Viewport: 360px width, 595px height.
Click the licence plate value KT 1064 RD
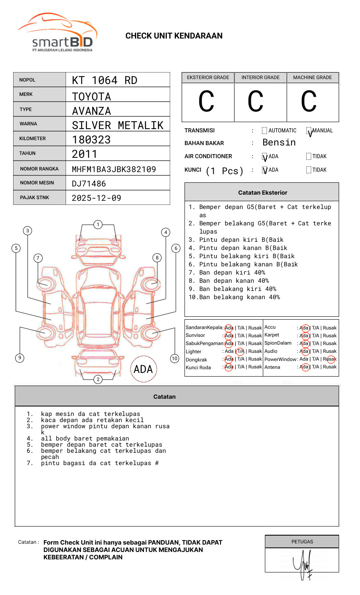pos(105,80)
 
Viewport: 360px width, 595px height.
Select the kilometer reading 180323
pos(91,140)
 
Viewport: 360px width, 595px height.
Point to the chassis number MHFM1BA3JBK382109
pos(114,169)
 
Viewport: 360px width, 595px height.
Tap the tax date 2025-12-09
pos(96,198)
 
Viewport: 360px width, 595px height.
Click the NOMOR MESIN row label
pos(37,183)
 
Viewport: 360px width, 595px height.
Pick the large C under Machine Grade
pos(309,102)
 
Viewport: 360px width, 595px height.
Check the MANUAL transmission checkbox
pos(309,131)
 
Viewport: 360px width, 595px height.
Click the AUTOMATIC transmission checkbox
pos(264,131)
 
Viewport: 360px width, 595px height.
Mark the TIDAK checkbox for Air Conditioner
pos(309,156)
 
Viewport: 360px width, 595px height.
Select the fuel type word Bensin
pos(279,143)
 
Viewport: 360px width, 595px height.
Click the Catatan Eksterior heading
pos(262,193)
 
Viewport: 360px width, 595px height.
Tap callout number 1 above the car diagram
pos(98,224)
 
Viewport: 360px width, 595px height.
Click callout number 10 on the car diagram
pos(175,359)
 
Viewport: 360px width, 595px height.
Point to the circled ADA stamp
pos(143,369)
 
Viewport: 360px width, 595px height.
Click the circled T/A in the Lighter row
pos(240,352)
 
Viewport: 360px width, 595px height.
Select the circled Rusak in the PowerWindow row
pos(330,359)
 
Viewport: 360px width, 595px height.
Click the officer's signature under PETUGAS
pos(303,563)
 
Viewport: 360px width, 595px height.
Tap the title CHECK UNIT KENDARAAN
pos(174,36)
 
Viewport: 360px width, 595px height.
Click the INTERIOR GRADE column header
pos(260,77)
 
